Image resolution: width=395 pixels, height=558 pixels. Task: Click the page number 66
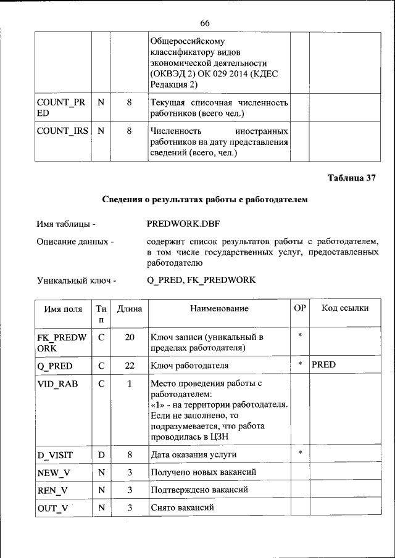pos(205,23)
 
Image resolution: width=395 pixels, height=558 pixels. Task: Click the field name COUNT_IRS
pos(62,131)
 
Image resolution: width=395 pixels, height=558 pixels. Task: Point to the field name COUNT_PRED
pos(60,108)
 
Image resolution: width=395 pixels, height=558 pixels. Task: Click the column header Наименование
pos(219,308)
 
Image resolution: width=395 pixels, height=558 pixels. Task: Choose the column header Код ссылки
pos(346,308)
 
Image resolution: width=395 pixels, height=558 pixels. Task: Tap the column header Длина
pos(130,308)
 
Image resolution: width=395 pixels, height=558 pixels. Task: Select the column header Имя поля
pos(63,308)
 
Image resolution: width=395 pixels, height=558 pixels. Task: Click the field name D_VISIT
pos(55,455)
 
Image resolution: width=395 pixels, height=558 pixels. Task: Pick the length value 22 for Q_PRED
pos(130,365)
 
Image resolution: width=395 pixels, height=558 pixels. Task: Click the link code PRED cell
pos(323,364)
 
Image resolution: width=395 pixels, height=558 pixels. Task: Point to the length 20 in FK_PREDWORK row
pos(130,337)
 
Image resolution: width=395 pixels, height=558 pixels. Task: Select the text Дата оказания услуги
pos(194,455)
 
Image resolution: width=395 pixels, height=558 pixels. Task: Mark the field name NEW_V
pos(52,472)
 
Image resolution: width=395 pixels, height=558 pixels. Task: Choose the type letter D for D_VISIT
pos(101,455)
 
